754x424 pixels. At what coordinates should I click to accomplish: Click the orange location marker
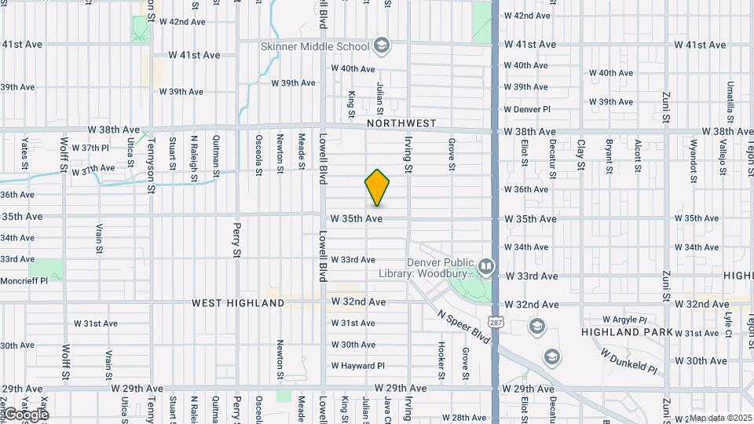(377, 188)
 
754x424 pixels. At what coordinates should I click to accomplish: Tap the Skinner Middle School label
(315, 46)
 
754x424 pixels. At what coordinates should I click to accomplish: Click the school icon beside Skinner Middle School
(382, 46)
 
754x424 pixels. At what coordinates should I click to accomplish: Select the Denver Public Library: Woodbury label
(440, 269)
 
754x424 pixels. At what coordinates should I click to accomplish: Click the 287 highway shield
(495, 322)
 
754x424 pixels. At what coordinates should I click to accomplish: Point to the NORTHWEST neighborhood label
(401, 123)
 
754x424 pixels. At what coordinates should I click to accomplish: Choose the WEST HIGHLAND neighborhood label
(238, 302)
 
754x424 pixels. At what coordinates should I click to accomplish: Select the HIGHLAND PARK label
(627, 332)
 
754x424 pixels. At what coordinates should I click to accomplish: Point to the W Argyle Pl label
(624, 320)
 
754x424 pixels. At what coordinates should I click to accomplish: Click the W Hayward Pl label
(357, 365)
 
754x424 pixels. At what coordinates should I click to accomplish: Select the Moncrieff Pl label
(24, 280)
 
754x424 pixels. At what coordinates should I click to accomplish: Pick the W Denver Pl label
(527, 109)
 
